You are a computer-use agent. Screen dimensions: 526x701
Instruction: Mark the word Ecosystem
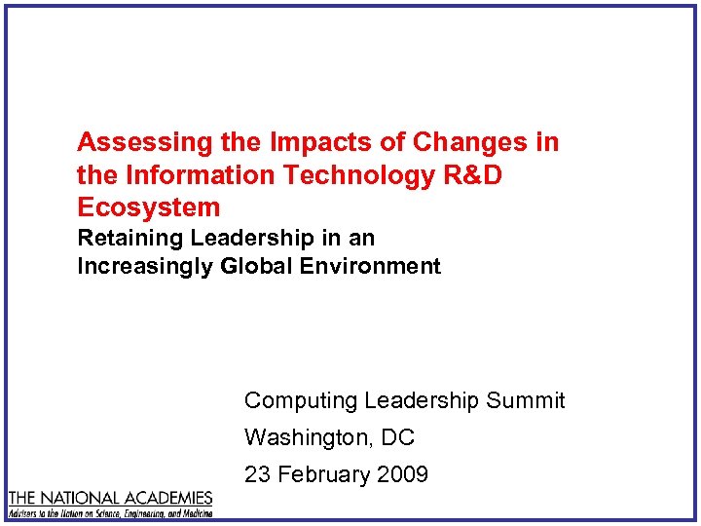[149, 207]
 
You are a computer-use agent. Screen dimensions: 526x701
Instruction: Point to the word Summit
[526, 400]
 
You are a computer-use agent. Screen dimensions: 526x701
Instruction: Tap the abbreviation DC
[397, 437]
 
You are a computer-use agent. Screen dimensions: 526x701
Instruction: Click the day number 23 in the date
[257, 474]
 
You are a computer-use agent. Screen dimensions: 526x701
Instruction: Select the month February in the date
[322, 474]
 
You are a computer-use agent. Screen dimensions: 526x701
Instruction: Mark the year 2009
[400, 474]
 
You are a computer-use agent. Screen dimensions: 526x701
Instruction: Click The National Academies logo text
[110, 498]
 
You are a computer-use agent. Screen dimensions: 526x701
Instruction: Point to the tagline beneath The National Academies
[110, 511]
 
